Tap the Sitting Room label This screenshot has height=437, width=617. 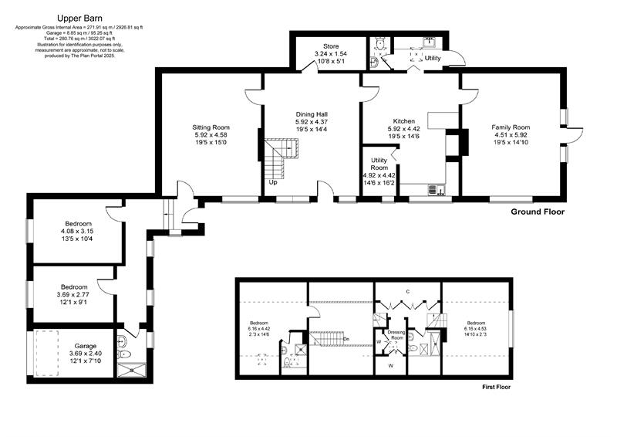click(x=211, y=127)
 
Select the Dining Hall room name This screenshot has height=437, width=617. click(x=312, y=114)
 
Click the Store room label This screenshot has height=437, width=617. click(x=331, y=46)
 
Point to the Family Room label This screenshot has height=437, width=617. click(x=512, y=127)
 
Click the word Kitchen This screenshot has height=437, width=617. click(x=404, y=121)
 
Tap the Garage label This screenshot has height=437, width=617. click(x=86, y=346)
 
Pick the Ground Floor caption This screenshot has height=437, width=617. click(x=538, y=212)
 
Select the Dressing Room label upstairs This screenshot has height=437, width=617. click(x=396, y=335)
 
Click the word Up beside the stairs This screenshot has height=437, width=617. click(x=273, y=182)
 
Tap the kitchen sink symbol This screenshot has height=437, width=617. click(x=433, y=188)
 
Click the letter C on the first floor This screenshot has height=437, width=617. click(x=406, y=291)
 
